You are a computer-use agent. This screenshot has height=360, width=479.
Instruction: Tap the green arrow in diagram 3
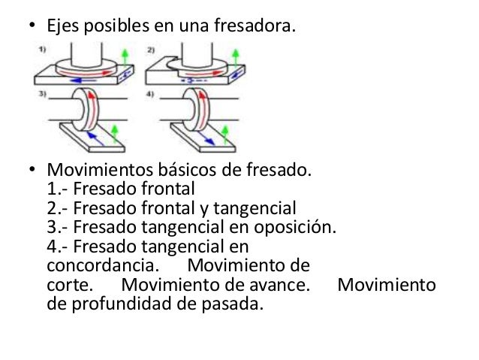tap(114, 135)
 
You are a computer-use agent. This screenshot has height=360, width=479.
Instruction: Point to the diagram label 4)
tap(151, 95)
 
